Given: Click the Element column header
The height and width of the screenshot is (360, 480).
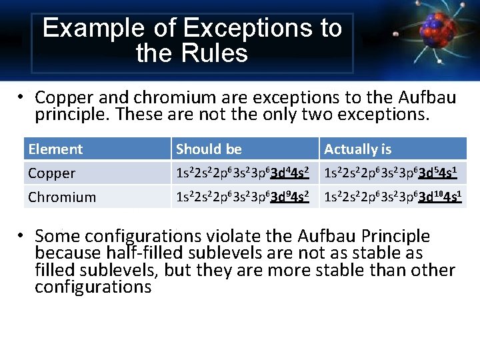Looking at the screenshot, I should tap(55, 149).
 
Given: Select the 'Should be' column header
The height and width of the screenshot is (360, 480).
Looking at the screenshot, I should tap(209, 149).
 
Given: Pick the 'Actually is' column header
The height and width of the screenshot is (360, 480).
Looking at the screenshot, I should tap(357, 149).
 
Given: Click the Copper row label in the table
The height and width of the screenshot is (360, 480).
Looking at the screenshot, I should tap(52, 173).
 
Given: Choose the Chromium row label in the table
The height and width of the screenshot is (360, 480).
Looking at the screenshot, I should tap(62, 197).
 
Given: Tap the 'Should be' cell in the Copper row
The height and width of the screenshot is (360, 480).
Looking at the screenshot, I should tap(242, 173).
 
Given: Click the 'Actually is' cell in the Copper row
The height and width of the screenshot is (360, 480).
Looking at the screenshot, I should tap(391, 173).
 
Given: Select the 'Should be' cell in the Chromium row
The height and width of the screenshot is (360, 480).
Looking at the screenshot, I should tap(242, 197).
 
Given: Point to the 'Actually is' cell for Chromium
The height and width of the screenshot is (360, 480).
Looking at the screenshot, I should tap(393, 197).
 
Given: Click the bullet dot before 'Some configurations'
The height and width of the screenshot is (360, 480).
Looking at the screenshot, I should tap(22, 234).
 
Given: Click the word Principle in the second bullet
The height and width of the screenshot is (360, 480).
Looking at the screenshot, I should tap(392, 236).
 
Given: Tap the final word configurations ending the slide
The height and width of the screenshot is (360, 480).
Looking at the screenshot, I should tap(93, 287).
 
